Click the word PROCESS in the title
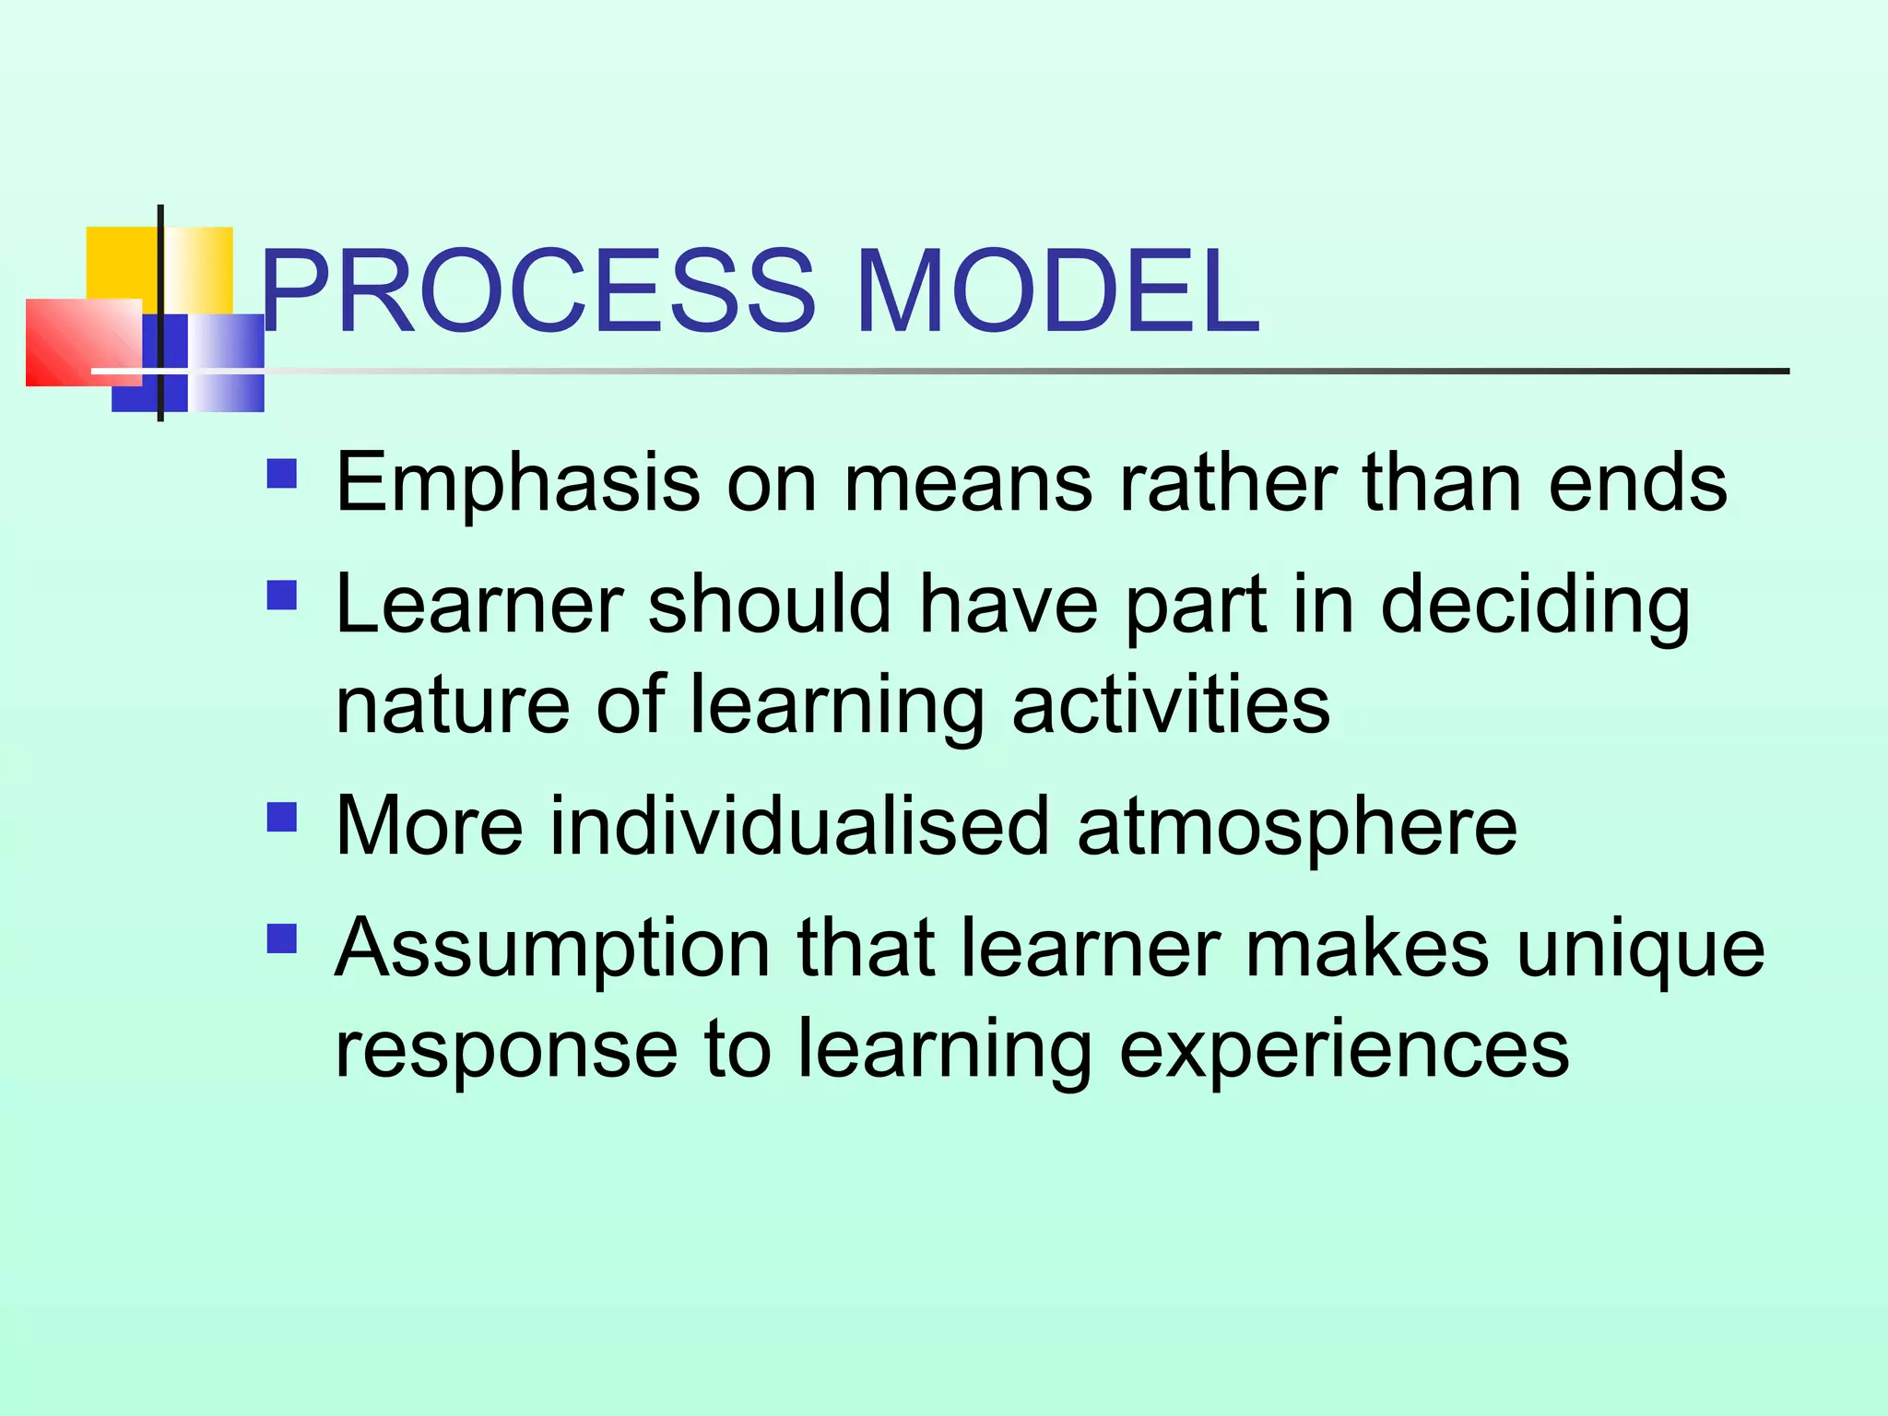pos(539,292)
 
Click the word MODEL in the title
pos(1057,292)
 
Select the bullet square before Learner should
pos(282,596)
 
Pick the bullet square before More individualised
pos(282,817)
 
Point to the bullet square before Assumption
pos(282,938)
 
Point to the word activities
pos(1171,705)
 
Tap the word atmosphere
pos(1296,827)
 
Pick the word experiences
pos(1343,1051)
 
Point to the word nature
pos(452,705)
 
